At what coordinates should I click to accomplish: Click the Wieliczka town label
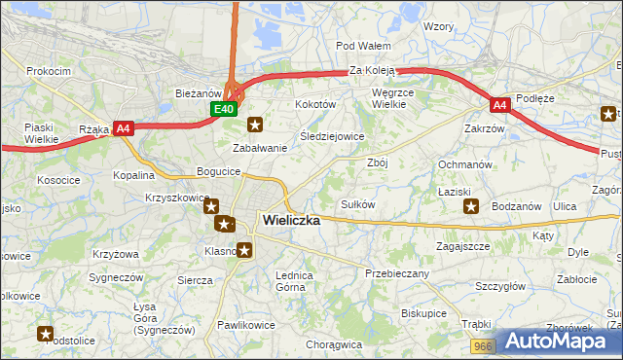click(291, 221)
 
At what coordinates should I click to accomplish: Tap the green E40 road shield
click(224, 109)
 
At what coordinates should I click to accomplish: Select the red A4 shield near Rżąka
click(123, 127)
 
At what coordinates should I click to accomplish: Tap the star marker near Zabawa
click(255, 124)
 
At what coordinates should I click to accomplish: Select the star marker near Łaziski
click(471, 205)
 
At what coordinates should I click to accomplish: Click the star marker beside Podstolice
click(45, 335)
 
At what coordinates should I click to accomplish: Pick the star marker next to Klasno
click(244, 250)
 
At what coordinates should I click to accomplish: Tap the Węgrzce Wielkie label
click(395, 97)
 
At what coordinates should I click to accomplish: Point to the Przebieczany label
click(397, 273)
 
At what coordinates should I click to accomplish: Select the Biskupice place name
click(423, 314)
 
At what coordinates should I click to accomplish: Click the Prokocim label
click(49, 72)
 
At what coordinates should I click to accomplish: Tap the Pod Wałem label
click(362, 46)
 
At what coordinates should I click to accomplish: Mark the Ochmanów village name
click(465, 164)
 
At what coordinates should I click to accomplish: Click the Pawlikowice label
click(246, 325)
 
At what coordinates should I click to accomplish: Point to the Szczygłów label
click(500, 286)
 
